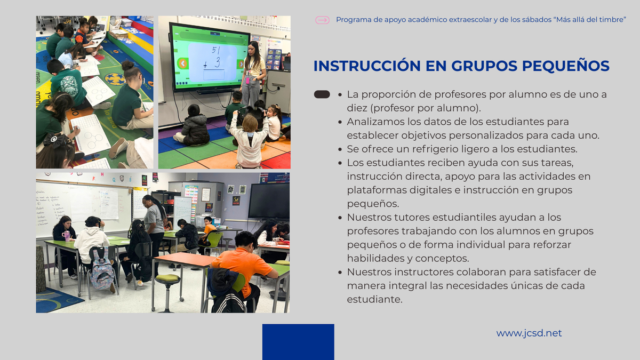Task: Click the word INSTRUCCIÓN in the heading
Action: [367, 66]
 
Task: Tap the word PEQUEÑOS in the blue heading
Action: [566, 66]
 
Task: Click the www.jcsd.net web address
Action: [529, 333]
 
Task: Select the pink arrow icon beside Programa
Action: [322, 20]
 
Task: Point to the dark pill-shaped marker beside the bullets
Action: [322, 94]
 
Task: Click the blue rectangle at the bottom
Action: [298, 342]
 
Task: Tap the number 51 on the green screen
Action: [216, 50]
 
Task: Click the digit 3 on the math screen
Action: [218, 62]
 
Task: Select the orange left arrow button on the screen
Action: [182, 63]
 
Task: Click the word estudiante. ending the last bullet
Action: [374, 299]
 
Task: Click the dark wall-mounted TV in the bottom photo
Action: [269, 201]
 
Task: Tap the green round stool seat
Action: [168, 277]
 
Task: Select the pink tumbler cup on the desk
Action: [66, 236]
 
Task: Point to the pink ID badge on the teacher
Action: [247, 80]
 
